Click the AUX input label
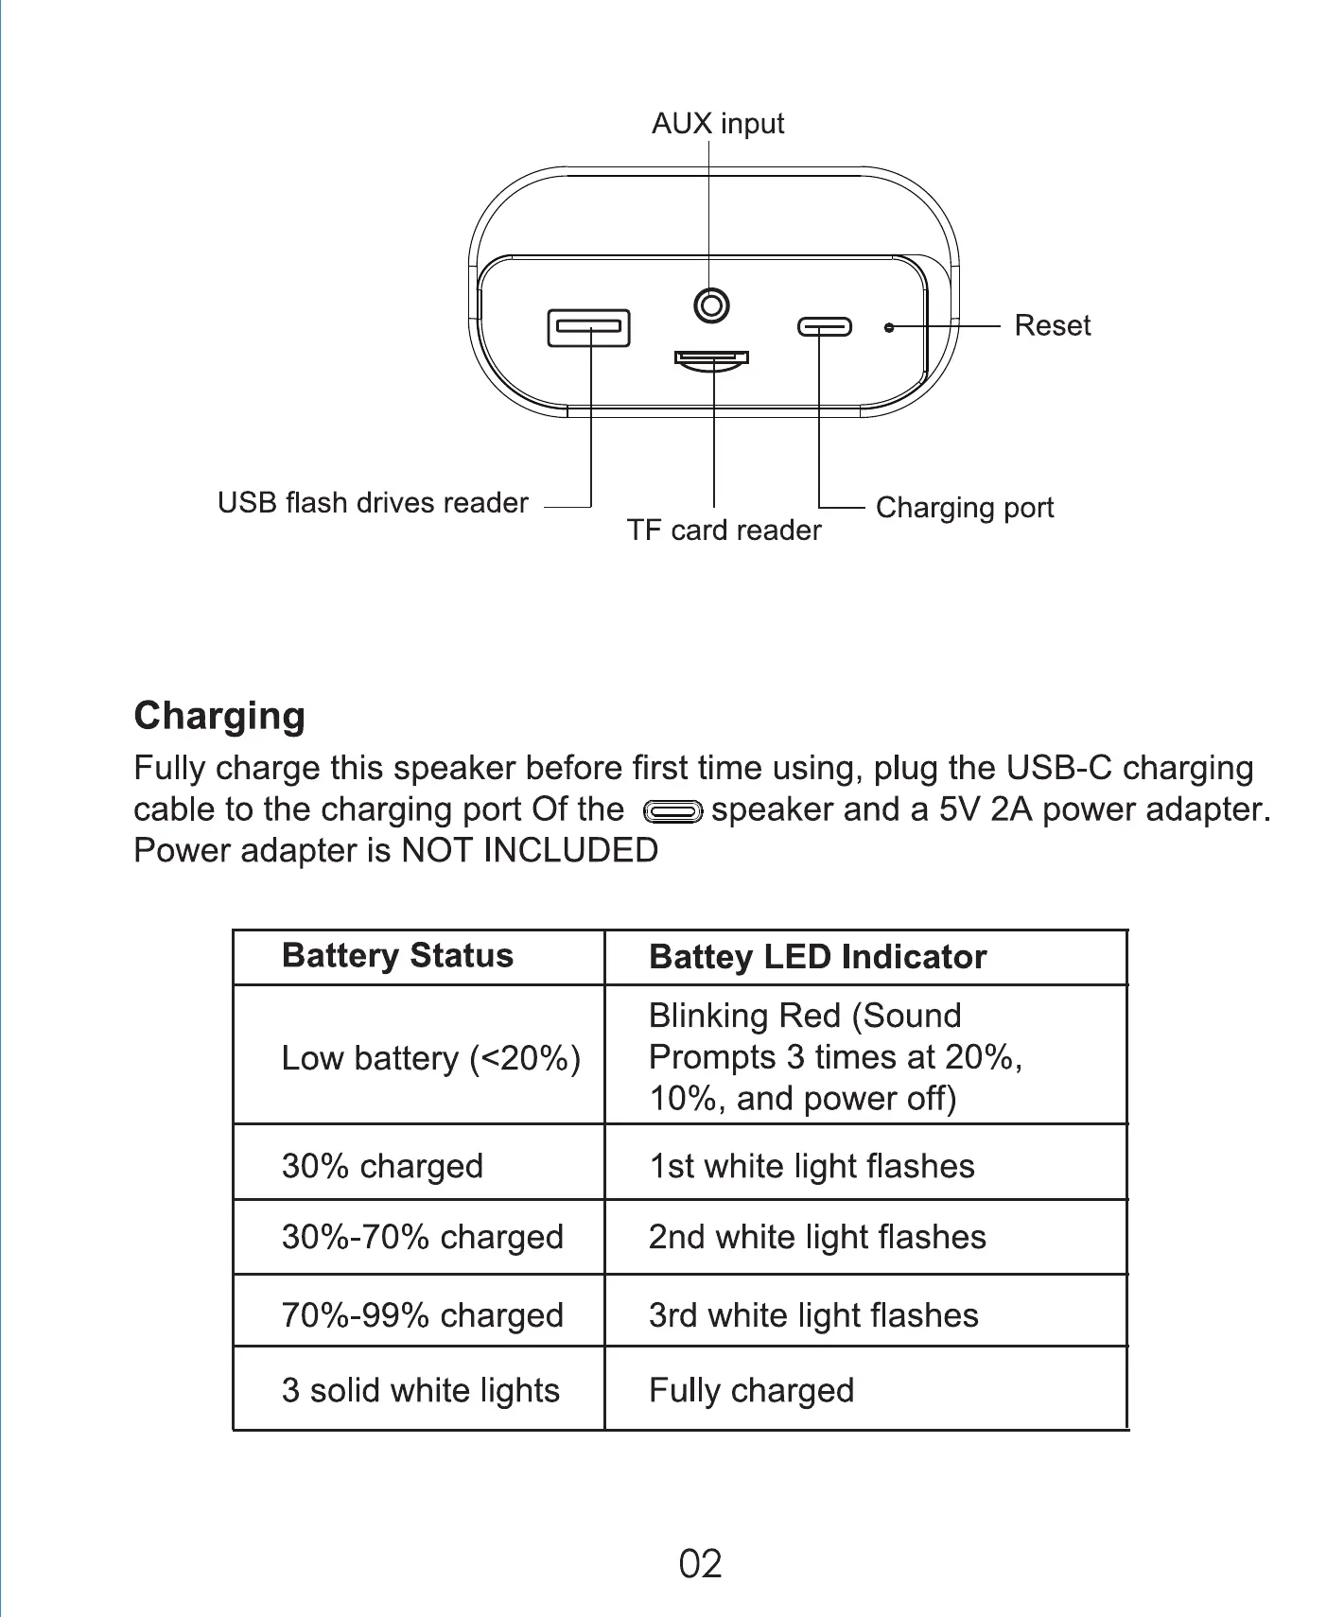tap(718, 124)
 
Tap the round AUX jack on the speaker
tap(711, 305)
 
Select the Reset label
tap(1052, 325)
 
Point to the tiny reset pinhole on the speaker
tap(888, 327)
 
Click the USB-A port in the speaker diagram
tap(589, 327)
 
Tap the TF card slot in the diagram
tap(711, 358)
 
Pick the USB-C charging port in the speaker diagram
tap(824, 327)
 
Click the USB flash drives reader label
tap(373, 503)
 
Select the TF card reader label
tap(724, 530)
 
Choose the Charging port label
tap(964, 508)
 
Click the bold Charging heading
tap(219, 716)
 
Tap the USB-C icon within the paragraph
tap(672, 811)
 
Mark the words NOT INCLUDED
tap(530, 850)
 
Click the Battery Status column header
tap(397, 956)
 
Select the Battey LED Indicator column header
tap(817, 957)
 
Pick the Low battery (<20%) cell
tap(430, 1058)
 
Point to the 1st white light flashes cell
tap(812, 1166)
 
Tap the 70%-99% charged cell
tap(422, 1315)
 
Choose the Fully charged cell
tap(751, 1390)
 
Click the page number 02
tap(700, 1564)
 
